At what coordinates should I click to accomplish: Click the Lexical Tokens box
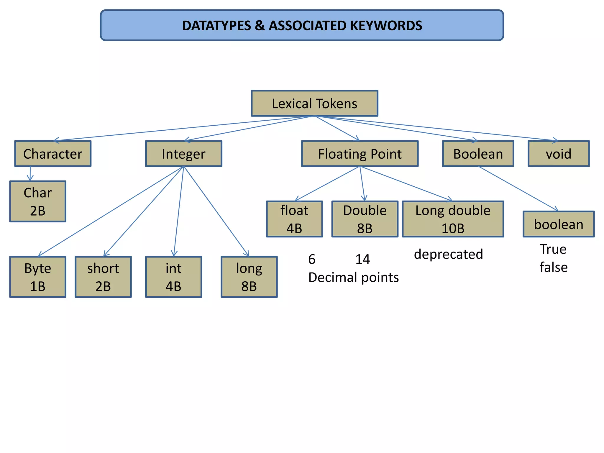(x=314, y=104)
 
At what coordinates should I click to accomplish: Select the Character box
(x=53, y=154)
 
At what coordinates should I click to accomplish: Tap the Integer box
(x=183, y=154)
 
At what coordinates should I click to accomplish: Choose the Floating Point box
(x=360, y=154)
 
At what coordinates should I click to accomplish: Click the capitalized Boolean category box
(x=478, y=154)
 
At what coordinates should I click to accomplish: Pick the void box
(x=558, y=154)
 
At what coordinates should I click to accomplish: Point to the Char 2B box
(x=38, y=201)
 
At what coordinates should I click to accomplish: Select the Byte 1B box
(x=38, y=277)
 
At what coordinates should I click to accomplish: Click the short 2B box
(x=103, y=277)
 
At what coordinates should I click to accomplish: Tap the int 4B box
(x=173, y=277)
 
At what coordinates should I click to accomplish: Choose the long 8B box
(x=249, y=277)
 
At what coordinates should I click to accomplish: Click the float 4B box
(x=294, y=219)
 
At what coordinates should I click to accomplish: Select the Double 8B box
(x=365, y=219)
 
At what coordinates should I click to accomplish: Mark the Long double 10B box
(x=453, y=219)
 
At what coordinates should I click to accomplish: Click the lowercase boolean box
(x=559, y=224)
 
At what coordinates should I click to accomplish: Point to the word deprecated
(x=448, y=254)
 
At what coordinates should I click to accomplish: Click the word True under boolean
(x=553, y=249)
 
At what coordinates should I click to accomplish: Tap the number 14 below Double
(x=362, y=259)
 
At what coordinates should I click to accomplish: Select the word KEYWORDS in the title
(x=386, y=26)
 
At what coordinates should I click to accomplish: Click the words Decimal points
(x=353, y=278)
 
